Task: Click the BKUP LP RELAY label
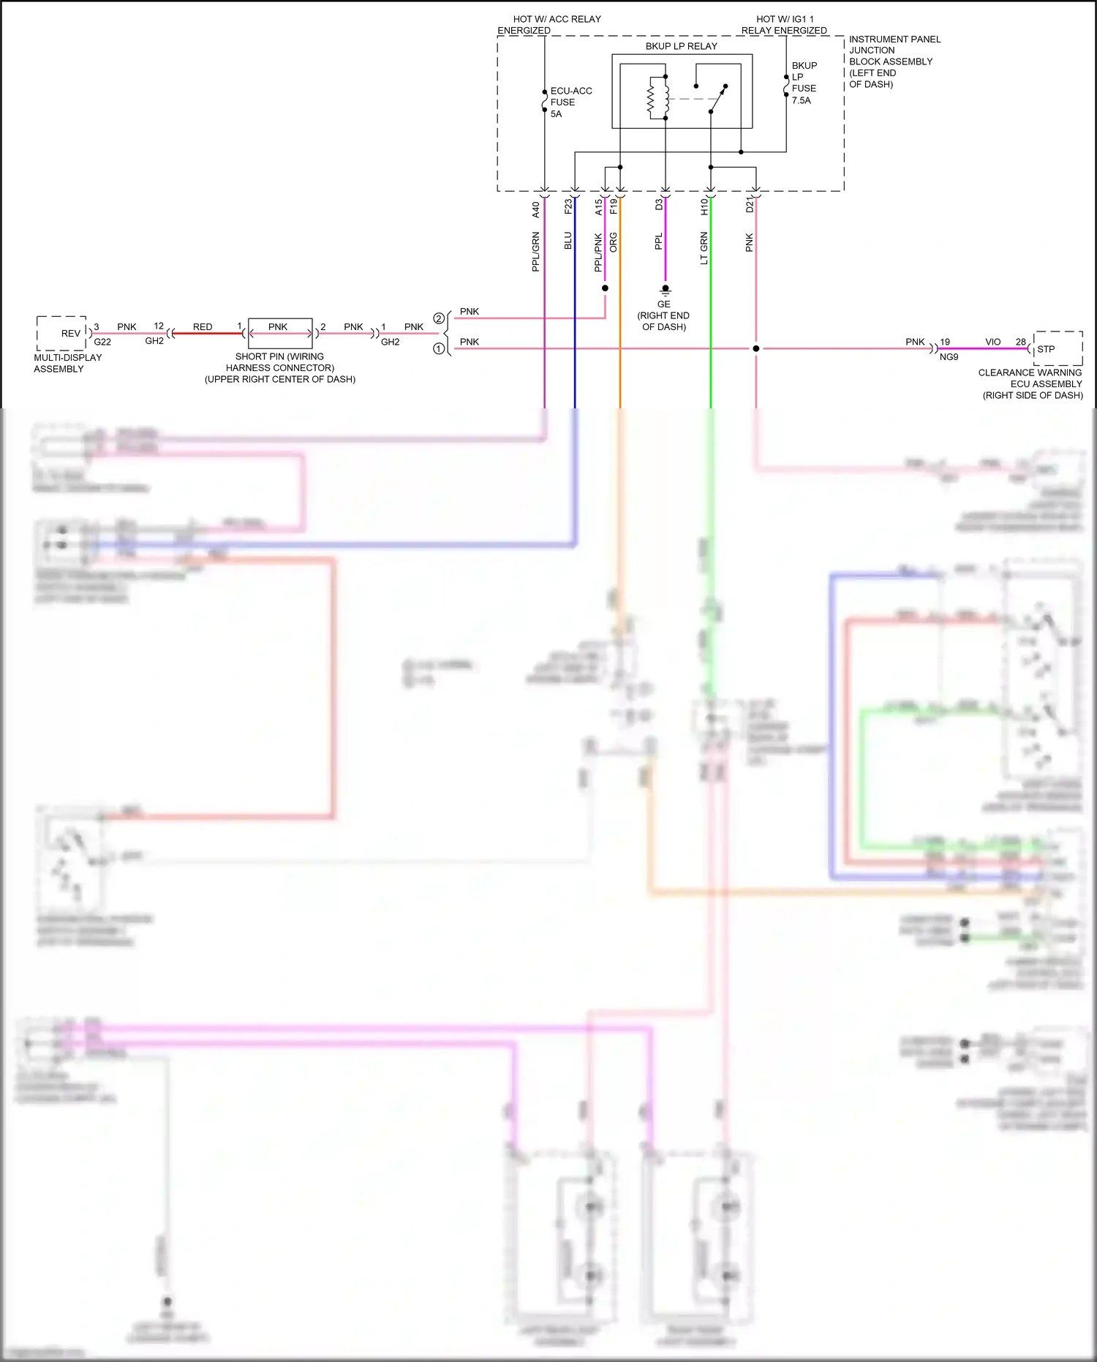point(681,46)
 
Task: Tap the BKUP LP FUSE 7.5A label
point(804,83)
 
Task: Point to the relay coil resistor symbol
point(652,101)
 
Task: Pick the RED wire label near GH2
point(203,327)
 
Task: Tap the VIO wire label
point(992,342)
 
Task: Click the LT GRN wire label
point(704,248)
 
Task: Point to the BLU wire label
point(568,241)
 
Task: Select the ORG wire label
point(614,242)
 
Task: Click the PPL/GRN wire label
point(535,252)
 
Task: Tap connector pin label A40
point(535,209)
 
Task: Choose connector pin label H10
point(704,207)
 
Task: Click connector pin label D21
point(749,205)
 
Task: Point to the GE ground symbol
point(665,291)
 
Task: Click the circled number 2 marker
point(439,318)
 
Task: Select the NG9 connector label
point(949,357)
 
